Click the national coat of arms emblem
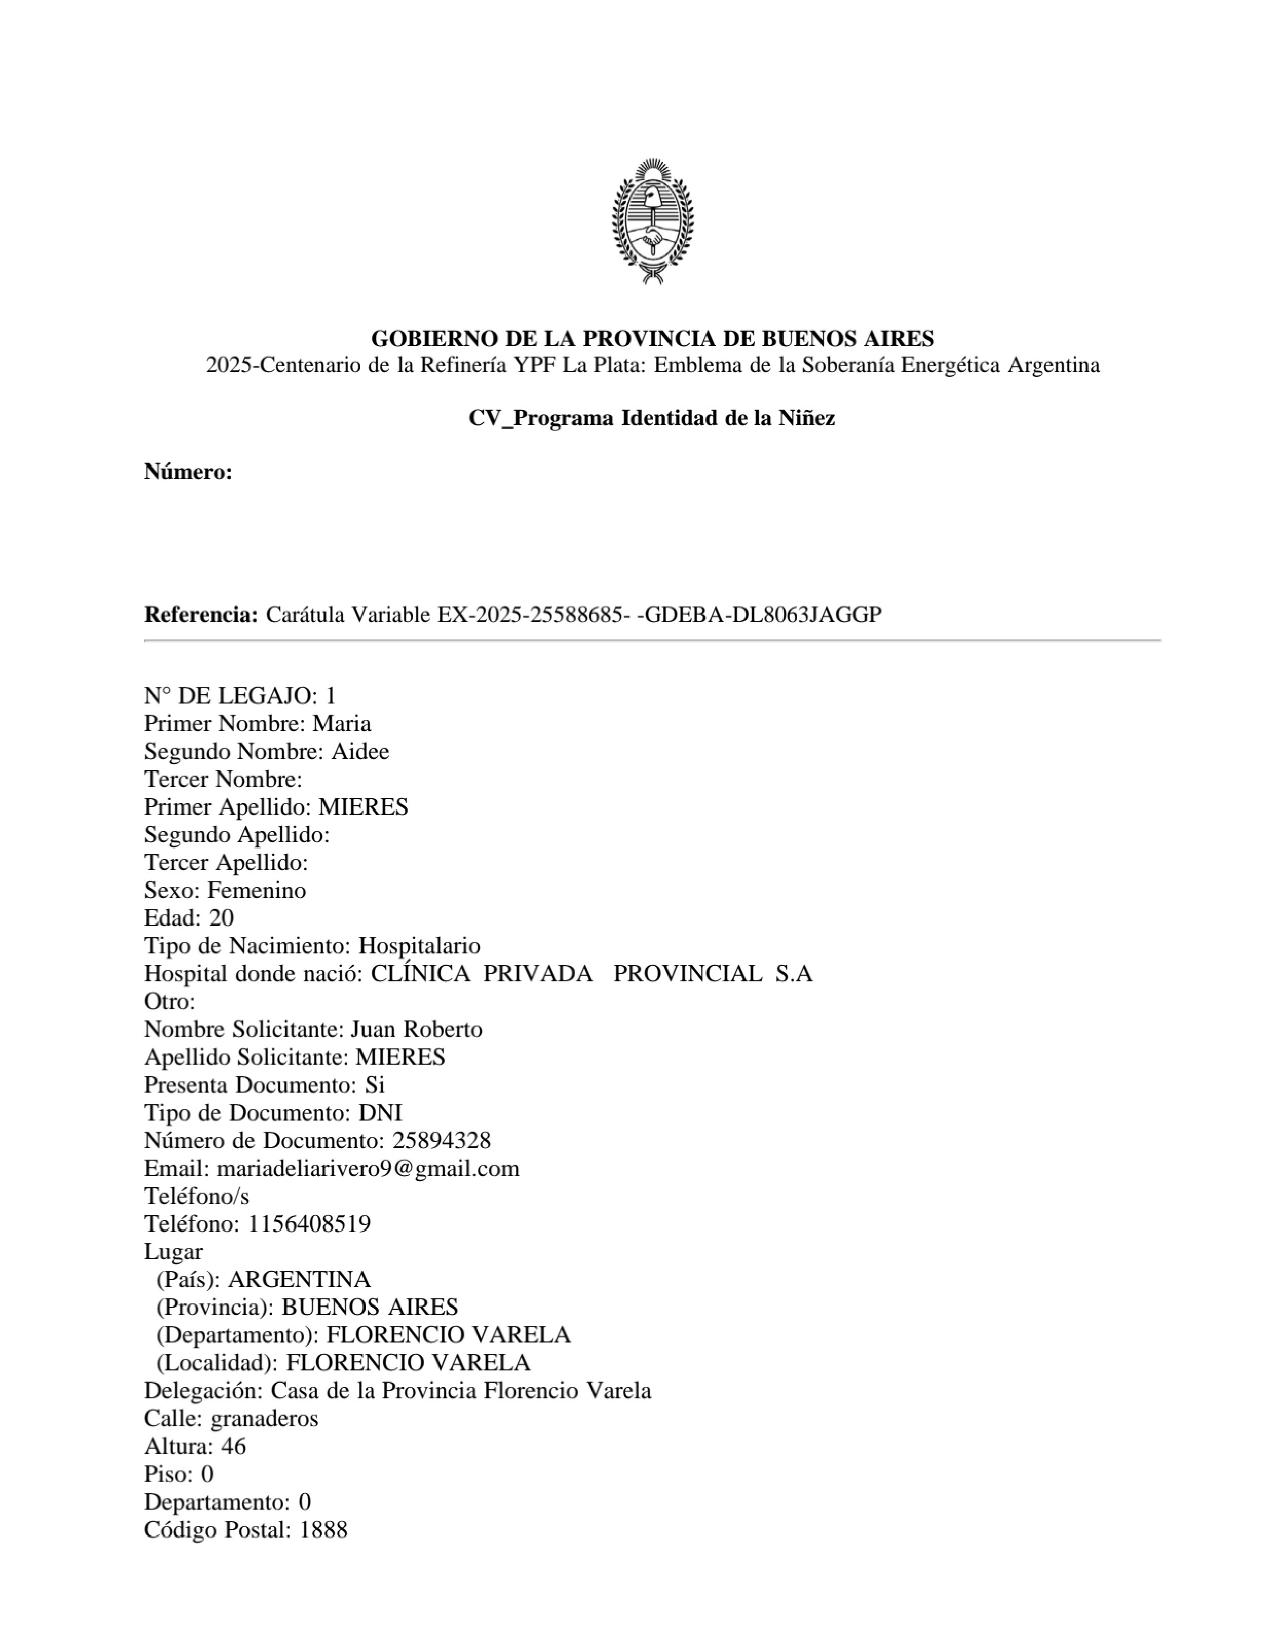click(652, 221)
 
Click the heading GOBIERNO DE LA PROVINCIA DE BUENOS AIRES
click(652, 338)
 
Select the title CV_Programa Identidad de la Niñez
click(652, 418)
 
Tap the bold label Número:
click(188, 472)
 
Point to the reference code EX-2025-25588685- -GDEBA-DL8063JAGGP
click(659, 615)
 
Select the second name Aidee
click(360, 751)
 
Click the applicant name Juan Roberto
click(416, 1029)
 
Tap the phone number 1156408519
click(309, 1224)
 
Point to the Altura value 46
click(233, 1447)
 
